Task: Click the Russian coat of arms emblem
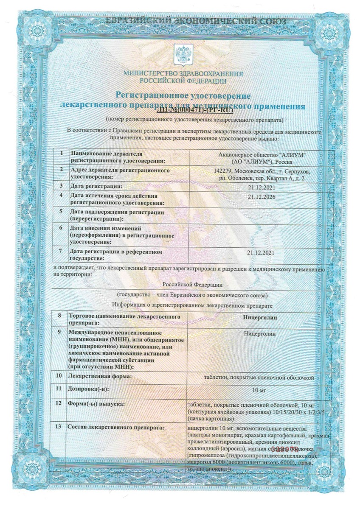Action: [183, 56]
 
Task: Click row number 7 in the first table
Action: [62, 252]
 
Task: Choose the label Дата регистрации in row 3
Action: [96, 186]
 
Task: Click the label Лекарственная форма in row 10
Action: [100, 376]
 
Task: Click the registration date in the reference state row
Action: [260, 253]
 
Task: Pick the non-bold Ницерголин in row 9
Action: [260, 334]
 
